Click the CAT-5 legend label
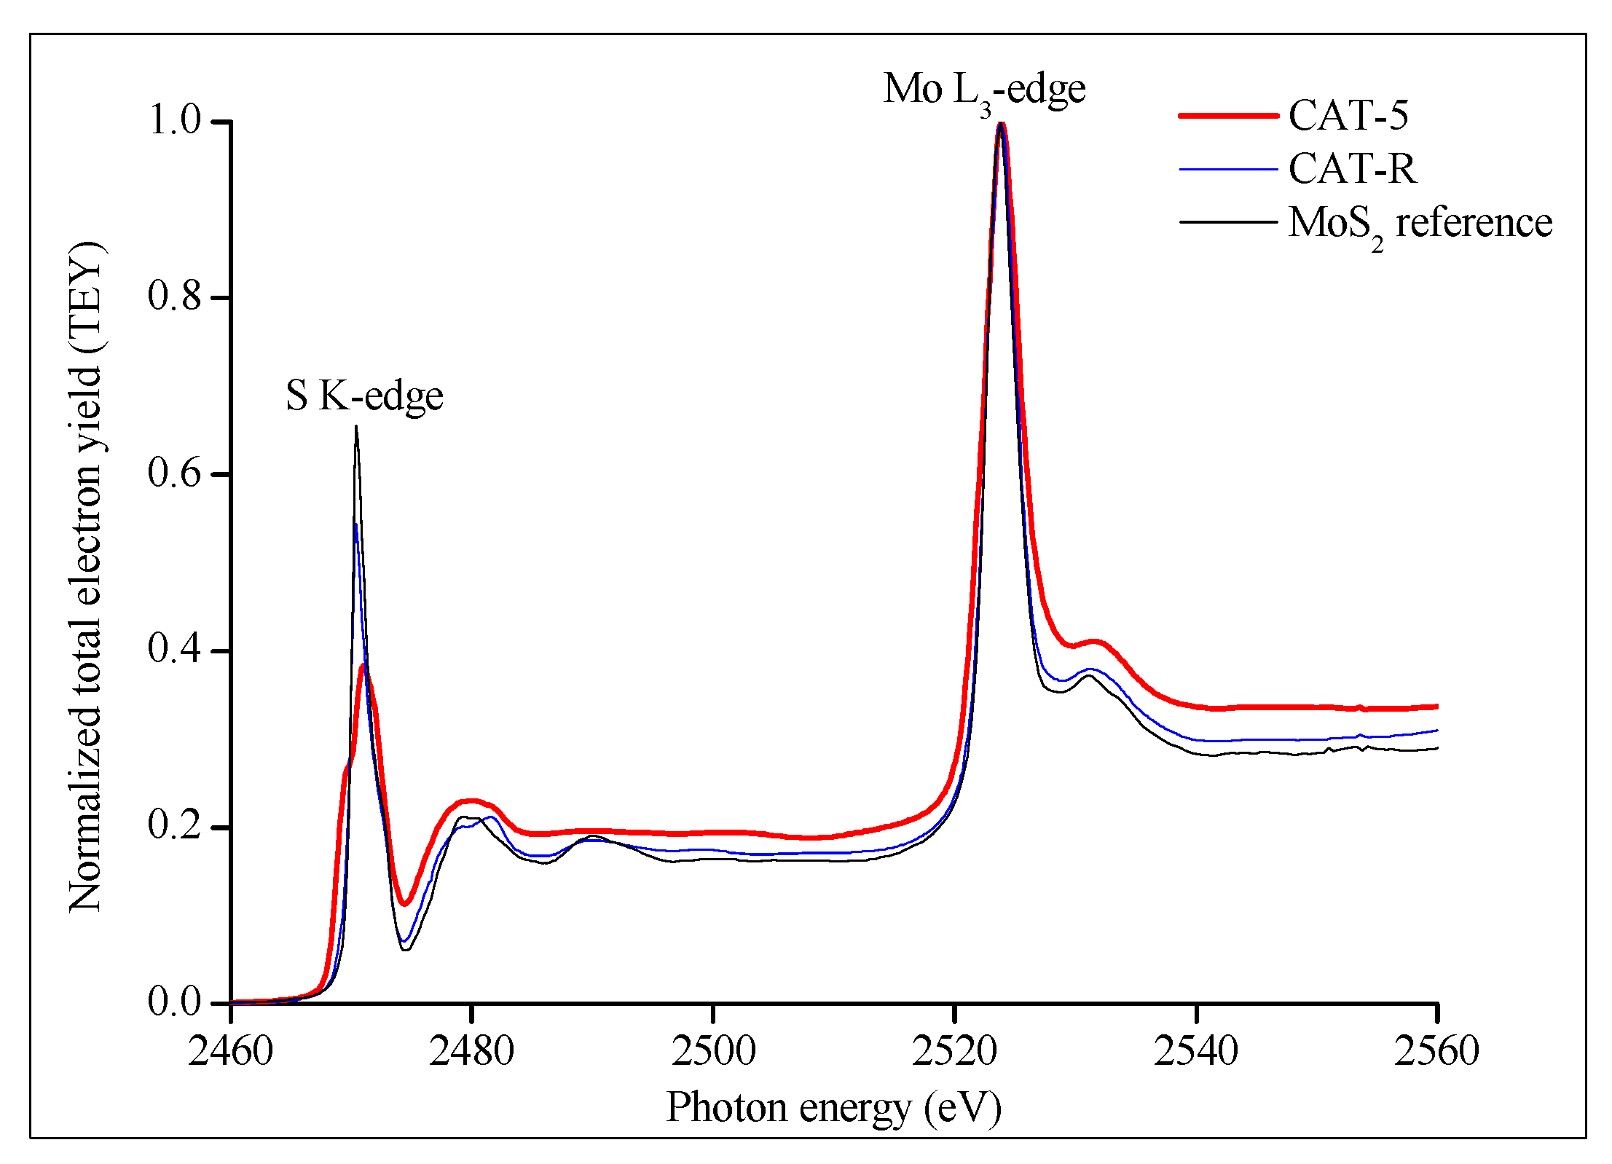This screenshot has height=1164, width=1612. coord(1348,115)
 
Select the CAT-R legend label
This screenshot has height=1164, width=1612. coord(1352,169)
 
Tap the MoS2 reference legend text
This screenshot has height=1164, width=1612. coord(1419,223)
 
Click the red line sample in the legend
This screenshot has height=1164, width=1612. coord(1228,115)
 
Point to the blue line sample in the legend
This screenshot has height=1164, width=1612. coord(1228,169)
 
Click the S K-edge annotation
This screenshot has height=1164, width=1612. coord(364,396)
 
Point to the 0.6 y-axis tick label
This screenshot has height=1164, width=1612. coord(174,473)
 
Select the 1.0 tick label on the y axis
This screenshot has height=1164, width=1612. coord(174,120)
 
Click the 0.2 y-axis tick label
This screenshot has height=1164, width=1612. coord(174,825)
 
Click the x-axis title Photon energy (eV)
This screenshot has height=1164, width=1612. coord(833,1108)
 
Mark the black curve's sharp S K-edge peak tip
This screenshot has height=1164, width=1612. coord(356,427)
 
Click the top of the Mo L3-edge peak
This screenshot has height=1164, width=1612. coord(1002,124)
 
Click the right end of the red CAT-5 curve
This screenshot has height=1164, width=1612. coord(1436,707)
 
